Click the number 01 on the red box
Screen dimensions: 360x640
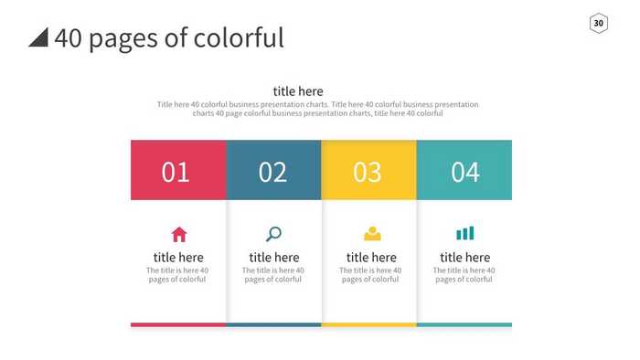176,172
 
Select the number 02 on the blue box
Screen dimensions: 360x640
272,172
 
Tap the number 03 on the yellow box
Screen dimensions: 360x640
368,172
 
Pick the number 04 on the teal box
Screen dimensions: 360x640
465,172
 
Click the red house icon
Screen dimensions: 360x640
179,234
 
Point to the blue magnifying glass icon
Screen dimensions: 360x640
273,234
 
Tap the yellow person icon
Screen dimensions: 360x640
372,234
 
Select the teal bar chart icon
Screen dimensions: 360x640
465,234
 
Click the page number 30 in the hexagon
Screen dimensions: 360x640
598,23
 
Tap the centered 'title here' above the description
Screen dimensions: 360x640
298,91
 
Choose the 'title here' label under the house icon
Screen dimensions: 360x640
178,258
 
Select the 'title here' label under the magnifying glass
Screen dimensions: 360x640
273,258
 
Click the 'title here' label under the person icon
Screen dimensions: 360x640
371,258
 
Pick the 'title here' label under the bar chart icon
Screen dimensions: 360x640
464,258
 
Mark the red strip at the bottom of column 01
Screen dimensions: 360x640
178,324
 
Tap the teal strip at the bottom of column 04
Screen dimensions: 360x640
464,324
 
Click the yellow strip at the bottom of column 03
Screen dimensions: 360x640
368,324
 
